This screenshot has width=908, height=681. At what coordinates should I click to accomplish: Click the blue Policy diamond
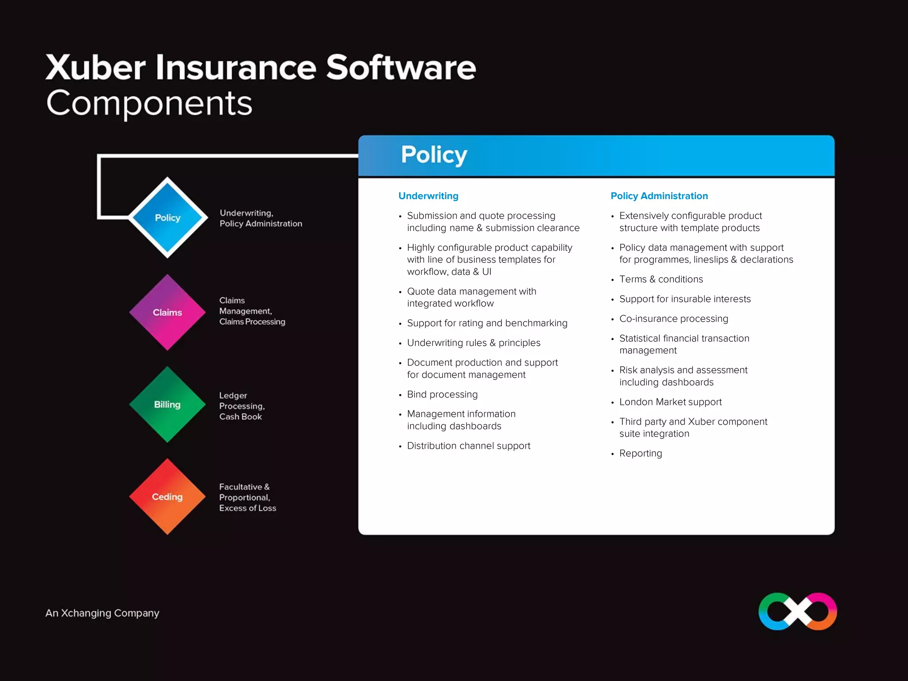pos(168,218)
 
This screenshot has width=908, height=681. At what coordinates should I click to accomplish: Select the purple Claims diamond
pos(168,313)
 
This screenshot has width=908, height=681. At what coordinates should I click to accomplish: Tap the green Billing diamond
pos(168,404)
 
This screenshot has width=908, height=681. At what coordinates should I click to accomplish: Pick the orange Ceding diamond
pos(168,497)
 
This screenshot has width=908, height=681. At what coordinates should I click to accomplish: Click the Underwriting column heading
pos(428,196)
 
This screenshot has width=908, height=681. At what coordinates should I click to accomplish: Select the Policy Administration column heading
pos(659,196)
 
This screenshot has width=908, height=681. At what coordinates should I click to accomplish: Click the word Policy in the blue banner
pos(434,155)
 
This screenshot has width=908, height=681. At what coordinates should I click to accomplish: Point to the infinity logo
pos(798,611)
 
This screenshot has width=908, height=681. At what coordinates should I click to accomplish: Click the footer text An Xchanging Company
pos(102,613)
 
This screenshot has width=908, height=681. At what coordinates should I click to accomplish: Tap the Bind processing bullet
pos(442,394)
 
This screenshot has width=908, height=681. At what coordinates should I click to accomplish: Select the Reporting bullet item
pos(640,453)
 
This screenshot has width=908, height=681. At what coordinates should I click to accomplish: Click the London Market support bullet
pos(670,402)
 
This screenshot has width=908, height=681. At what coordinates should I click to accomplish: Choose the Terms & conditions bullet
pos(661,279)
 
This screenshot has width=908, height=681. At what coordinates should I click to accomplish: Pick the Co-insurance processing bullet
pos(673,319)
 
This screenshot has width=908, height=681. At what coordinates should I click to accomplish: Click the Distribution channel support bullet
pos(469,446)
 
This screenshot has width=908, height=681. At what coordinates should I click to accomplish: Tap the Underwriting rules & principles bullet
pos(474,343)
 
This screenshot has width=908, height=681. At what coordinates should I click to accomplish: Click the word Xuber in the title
pos(95,67)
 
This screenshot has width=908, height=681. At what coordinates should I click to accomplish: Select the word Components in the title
pos(149,103)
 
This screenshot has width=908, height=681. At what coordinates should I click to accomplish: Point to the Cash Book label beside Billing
pos(240,417)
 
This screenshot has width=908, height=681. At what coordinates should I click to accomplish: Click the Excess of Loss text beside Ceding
pos(247,508)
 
